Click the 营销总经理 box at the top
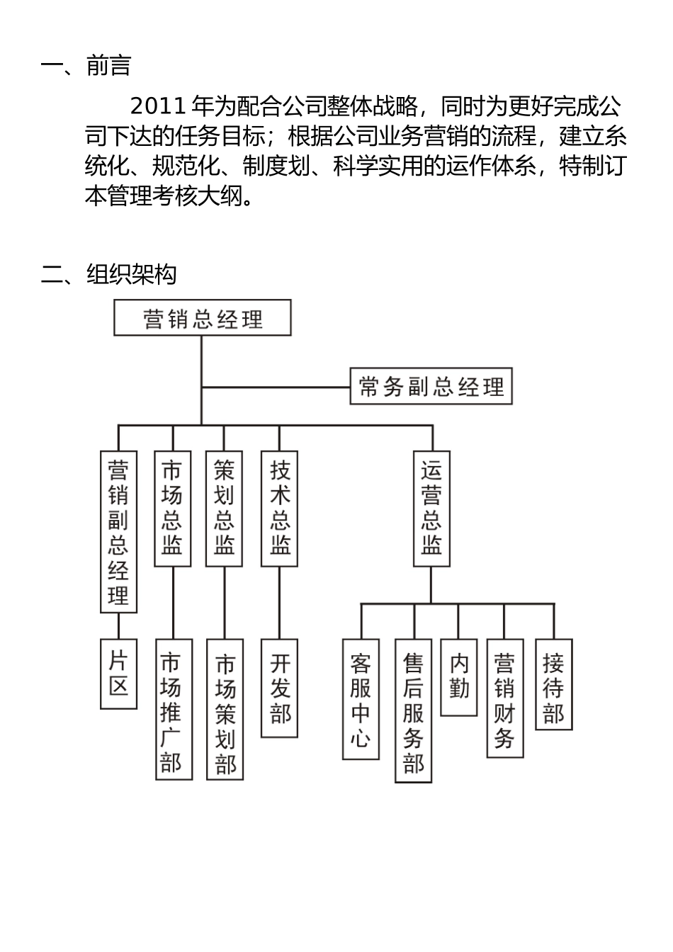[203, 318]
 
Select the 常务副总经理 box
[431, 386]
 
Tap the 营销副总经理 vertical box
[118, 531]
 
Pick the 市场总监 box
[172, 508]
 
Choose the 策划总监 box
[224, 508]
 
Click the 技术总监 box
[280, 508]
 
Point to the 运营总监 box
[431, 508]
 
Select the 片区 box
[118, 674]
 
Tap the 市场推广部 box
[172, 709]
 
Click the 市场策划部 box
[225, 709]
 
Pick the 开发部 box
[280, 688]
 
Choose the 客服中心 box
[361, 699]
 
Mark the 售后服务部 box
[414, 710]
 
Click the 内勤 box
[459, 677]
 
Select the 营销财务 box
[504, 698]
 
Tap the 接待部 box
[553, 684]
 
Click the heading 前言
[108, 66]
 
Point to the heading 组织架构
[131, 273]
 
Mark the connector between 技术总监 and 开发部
[280, 603]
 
